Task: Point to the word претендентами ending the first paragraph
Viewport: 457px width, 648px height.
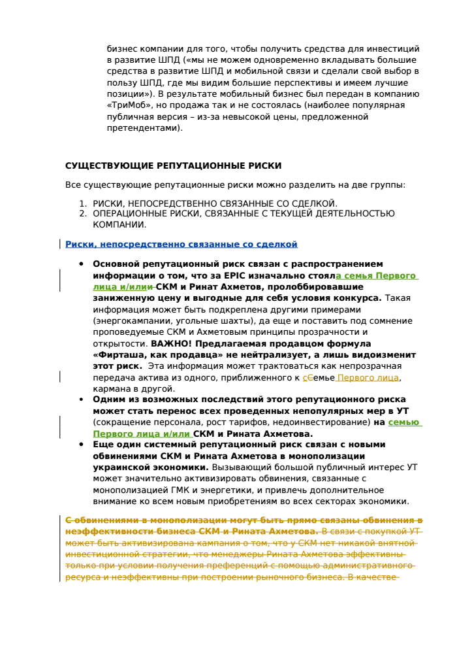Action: [144, 128]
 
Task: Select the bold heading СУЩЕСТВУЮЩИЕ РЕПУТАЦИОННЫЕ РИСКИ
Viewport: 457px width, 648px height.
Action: [173, 165]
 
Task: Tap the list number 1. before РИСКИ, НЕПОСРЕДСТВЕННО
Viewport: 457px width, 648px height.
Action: [83, 204]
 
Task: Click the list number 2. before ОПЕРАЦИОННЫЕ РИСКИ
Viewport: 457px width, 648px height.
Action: [83, 213]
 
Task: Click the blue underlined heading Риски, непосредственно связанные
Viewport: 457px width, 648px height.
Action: [181, 244]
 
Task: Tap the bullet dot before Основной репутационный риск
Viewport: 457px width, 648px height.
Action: [81, 264]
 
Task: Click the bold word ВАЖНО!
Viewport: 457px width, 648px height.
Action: [168, 343]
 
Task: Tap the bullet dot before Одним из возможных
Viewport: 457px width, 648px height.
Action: [81, 400]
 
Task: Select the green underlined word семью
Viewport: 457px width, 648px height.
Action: [403, 422]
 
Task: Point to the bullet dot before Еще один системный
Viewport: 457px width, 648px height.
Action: [81, 445]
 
